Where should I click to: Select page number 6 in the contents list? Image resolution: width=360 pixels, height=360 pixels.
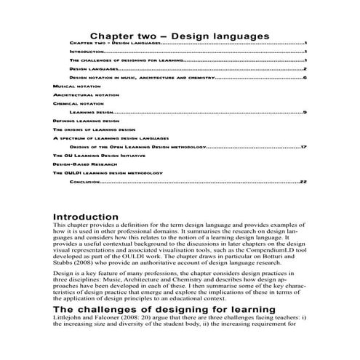305,77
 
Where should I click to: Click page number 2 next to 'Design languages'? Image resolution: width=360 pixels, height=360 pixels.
305,68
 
